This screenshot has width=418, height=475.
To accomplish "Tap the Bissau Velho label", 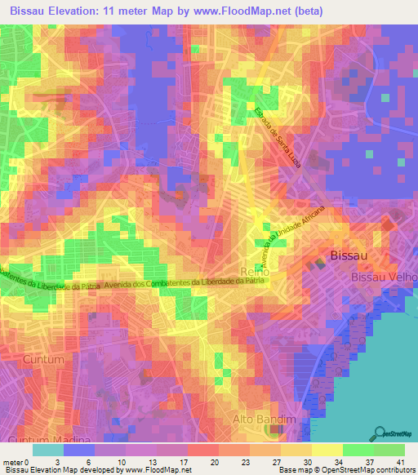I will point(385,277).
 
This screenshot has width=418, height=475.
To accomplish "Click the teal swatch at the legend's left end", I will point(48,450).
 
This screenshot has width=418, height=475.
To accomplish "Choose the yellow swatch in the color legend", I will point(327,450).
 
